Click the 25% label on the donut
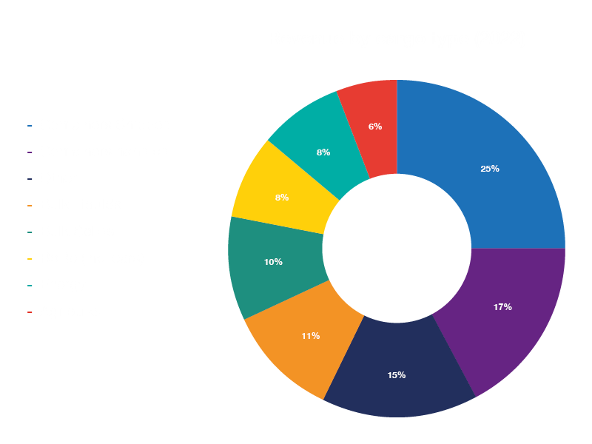click(x=490, y=169)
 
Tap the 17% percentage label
click(x=502, y=307)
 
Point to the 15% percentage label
click(x=396, y=375)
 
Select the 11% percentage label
click(x=310, y=336)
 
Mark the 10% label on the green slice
click(x=273, y=262)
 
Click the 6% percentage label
click(x=375, y=127)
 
